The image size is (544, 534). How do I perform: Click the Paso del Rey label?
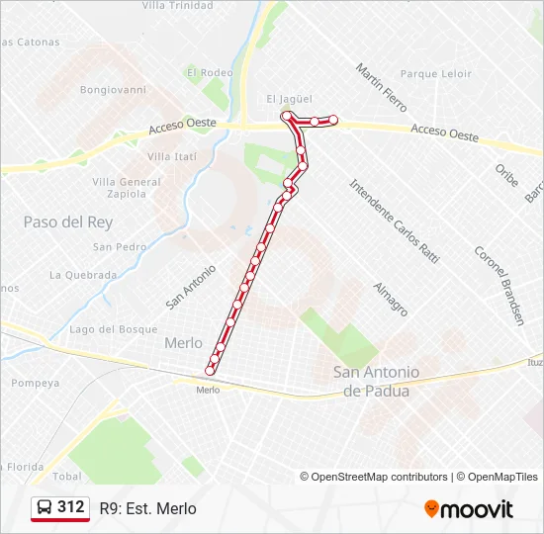[68, 222]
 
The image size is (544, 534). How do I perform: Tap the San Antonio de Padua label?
[376, 381]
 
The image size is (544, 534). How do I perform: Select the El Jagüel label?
[289, 99]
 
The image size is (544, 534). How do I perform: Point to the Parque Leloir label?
[435, 74]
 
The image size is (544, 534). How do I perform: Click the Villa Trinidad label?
[177, 5]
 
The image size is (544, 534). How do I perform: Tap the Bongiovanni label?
[113, 89]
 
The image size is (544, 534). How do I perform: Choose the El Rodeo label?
[210, 72]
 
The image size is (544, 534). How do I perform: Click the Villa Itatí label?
[172, 157]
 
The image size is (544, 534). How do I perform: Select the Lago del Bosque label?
[114, 329]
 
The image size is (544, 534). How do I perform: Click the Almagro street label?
[391, 299]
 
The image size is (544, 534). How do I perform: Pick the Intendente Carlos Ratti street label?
[394, 220]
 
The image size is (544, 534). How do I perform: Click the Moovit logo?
[469, 509]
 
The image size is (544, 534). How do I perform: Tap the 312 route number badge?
[60, 507]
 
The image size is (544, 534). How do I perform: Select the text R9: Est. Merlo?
[148, 509]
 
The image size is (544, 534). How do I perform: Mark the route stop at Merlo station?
[210, 371]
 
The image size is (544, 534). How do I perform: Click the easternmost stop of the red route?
[333, 121]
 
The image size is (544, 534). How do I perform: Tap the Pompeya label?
[37, 383]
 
